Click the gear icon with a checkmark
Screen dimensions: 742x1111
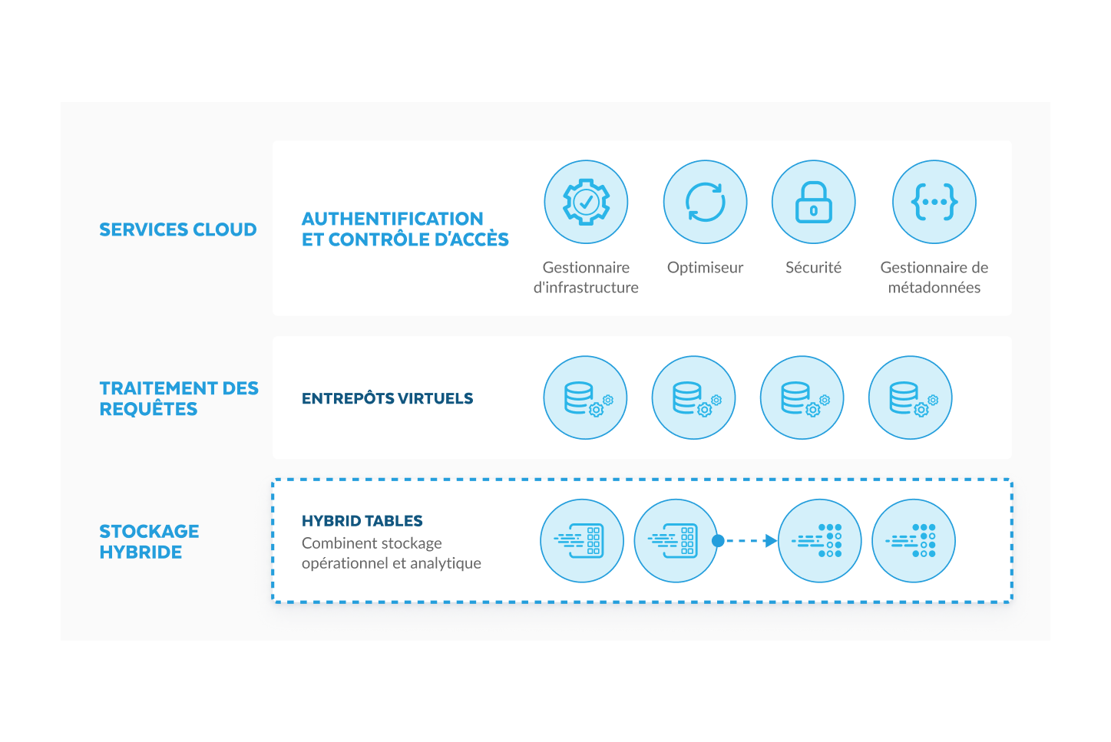point(586,202)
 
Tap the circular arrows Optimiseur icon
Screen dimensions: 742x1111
point(705,202)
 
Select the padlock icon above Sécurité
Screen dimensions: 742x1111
point(813,202)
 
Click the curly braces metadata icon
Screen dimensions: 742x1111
point(934,202)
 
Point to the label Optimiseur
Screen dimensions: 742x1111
point(705,268)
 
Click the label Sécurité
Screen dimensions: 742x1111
point(813,268)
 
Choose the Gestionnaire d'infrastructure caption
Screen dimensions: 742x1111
point(586,277)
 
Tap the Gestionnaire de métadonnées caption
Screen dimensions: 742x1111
point(934,277)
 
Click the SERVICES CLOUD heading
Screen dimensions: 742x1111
point(177,229)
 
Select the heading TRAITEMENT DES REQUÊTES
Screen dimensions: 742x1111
point(178,398)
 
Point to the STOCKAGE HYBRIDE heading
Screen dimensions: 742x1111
point(149,541)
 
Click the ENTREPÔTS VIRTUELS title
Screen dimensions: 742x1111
point(387,398)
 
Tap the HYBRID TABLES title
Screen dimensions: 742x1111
point(362,521)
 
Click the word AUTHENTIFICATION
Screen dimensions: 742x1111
point(392,219)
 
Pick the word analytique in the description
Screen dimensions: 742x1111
point(446,563)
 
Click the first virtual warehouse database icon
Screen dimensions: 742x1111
point(585,397)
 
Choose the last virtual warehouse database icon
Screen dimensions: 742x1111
point(910,397)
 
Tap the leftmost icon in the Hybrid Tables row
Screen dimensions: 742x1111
point(582,541)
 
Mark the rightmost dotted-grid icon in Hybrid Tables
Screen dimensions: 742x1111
point(914,541)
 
